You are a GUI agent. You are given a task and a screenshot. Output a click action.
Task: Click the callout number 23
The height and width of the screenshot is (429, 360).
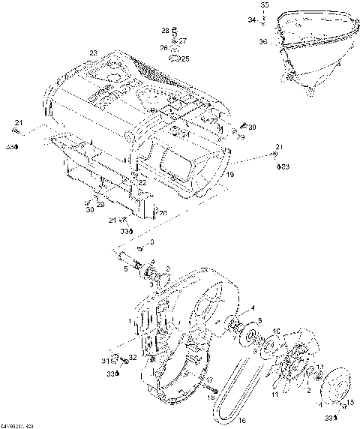tap(93, 52)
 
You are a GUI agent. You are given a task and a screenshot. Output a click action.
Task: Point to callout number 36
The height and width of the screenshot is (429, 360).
tap(262, 42)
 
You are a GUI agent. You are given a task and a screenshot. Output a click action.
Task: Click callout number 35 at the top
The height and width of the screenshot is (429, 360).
tap(264, 5)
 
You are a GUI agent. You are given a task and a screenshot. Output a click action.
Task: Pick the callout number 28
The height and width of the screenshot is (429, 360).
tap(166, 30)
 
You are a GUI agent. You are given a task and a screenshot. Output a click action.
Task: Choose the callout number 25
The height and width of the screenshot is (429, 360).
tap(185, 58)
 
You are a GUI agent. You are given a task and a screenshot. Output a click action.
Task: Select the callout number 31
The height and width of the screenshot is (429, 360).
tap(106, 361)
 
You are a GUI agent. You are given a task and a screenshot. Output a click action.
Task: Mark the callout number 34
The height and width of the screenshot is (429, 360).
tap(252, 20)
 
